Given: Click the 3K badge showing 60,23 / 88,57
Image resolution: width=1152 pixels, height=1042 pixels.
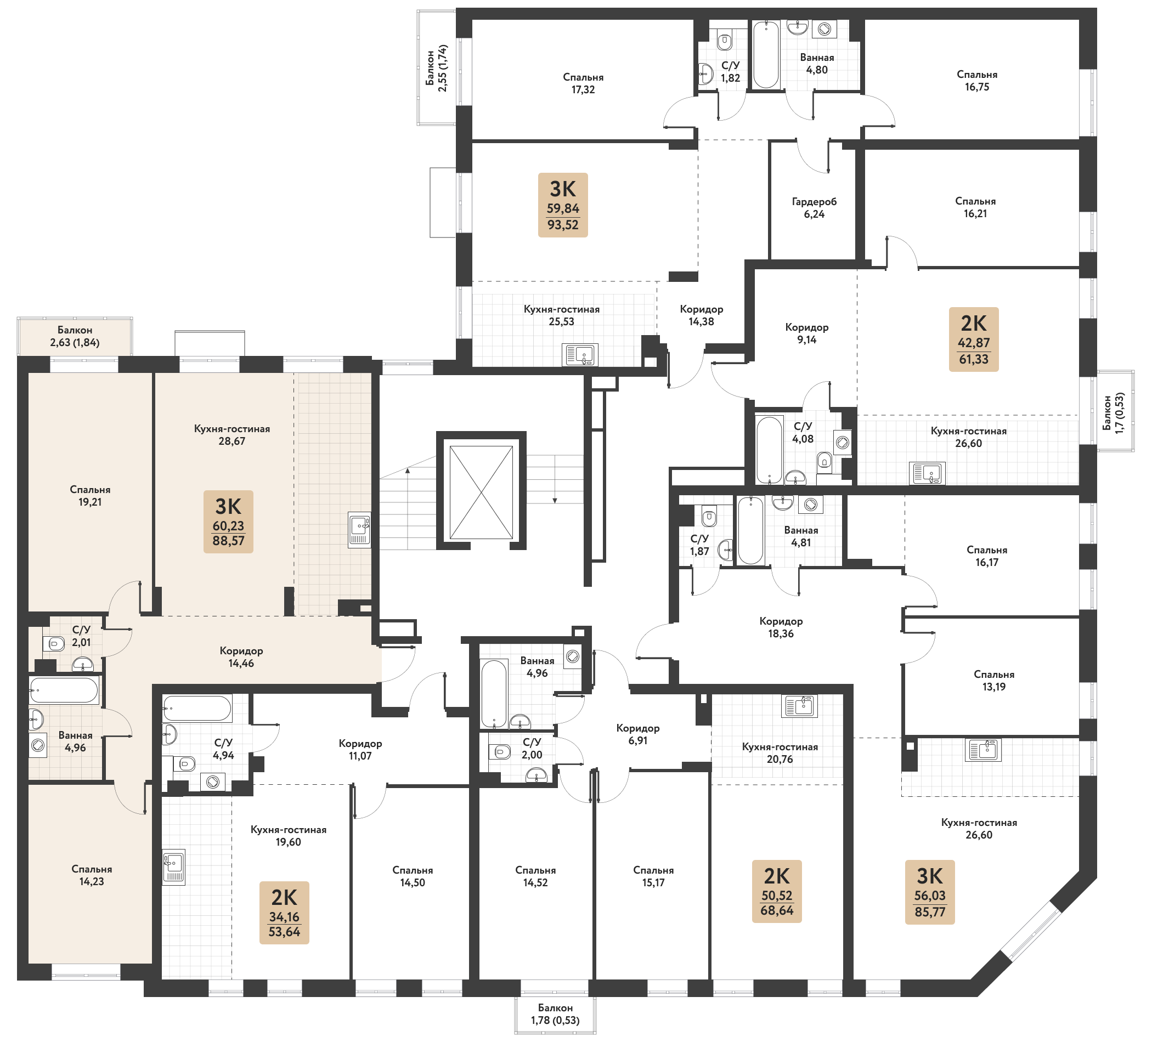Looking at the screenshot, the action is (228, 522).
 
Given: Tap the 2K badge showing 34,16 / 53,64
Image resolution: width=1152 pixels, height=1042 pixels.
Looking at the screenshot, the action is (284, 913).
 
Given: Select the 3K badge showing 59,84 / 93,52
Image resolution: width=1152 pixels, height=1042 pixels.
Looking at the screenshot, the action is (563, 205).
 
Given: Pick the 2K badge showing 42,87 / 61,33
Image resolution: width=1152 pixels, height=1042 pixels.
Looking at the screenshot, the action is (974, 339).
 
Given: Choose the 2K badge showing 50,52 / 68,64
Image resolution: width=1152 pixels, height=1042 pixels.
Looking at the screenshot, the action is (777, 891).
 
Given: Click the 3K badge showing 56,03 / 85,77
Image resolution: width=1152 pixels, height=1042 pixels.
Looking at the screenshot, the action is (930, 892).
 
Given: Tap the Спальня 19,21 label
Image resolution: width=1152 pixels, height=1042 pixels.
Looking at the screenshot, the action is (91, 496).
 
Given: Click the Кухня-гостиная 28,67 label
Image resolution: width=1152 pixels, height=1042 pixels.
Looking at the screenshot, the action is (231, 435).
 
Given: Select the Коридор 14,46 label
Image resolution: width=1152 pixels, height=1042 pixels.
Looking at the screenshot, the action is (241, 657).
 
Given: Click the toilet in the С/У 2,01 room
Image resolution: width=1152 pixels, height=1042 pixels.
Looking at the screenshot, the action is (54, 644).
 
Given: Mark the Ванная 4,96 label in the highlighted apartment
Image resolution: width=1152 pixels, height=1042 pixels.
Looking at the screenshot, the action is (76, 741).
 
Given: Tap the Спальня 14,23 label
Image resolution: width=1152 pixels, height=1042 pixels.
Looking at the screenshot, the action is (92, 875).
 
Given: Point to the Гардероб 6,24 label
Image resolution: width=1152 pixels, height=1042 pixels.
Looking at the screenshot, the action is (814, 208).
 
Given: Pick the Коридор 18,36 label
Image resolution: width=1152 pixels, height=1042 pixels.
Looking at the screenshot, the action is (781, 627).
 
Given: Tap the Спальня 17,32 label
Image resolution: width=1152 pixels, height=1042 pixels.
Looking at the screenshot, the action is (583, 83).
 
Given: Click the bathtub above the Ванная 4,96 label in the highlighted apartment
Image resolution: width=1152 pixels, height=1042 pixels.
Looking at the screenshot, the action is (65, 690).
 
